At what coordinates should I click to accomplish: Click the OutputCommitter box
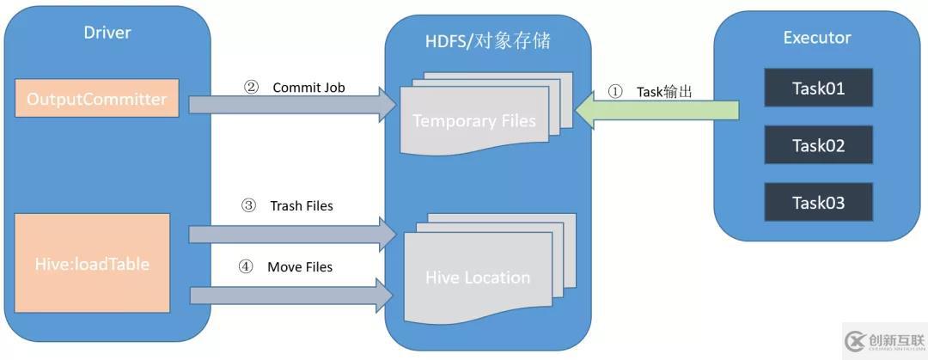[96, 99]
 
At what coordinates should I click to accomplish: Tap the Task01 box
[818, 88]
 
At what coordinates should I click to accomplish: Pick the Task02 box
[818, 145]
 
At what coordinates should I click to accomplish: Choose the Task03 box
[818, 203]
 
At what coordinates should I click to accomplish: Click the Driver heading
[107, 34]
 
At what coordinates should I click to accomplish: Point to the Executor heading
[817, 38]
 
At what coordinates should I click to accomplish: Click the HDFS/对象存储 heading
[488, 40]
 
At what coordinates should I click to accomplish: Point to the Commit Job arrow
[288, 105]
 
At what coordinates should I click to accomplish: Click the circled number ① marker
[614, 91]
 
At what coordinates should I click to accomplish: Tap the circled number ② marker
[251, 87]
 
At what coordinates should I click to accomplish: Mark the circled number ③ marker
[248, 205]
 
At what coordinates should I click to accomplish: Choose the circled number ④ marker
[246, 266]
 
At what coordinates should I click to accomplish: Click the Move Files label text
[300, 267]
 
